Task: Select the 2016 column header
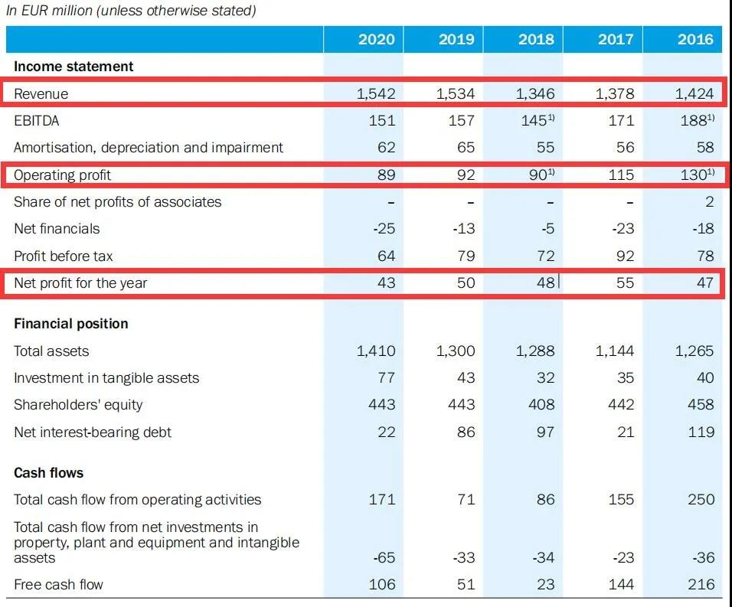(x=694, y=39)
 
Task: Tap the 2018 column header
(x=536, y=39)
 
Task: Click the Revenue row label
(x=41, y=94)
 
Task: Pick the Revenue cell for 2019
(x=456, y=94)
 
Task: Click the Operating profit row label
(x=63, y=175)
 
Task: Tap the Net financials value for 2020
(x=383, y=229)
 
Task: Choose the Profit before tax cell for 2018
(x=542, y=256)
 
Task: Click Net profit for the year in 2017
(x=625, y=282)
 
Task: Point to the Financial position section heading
(x=71, y=324)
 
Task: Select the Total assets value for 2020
(x=376, y=351)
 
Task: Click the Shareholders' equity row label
(x=78, y=405)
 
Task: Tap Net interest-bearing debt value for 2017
(x=626, y=432)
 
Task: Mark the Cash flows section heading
(x=49, y=473)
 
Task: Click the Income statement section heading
(x=74, y=67)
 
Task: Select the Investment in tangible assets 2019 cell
(x=465, y=378)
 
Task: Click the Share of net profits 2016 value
(x=709, y=202)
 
